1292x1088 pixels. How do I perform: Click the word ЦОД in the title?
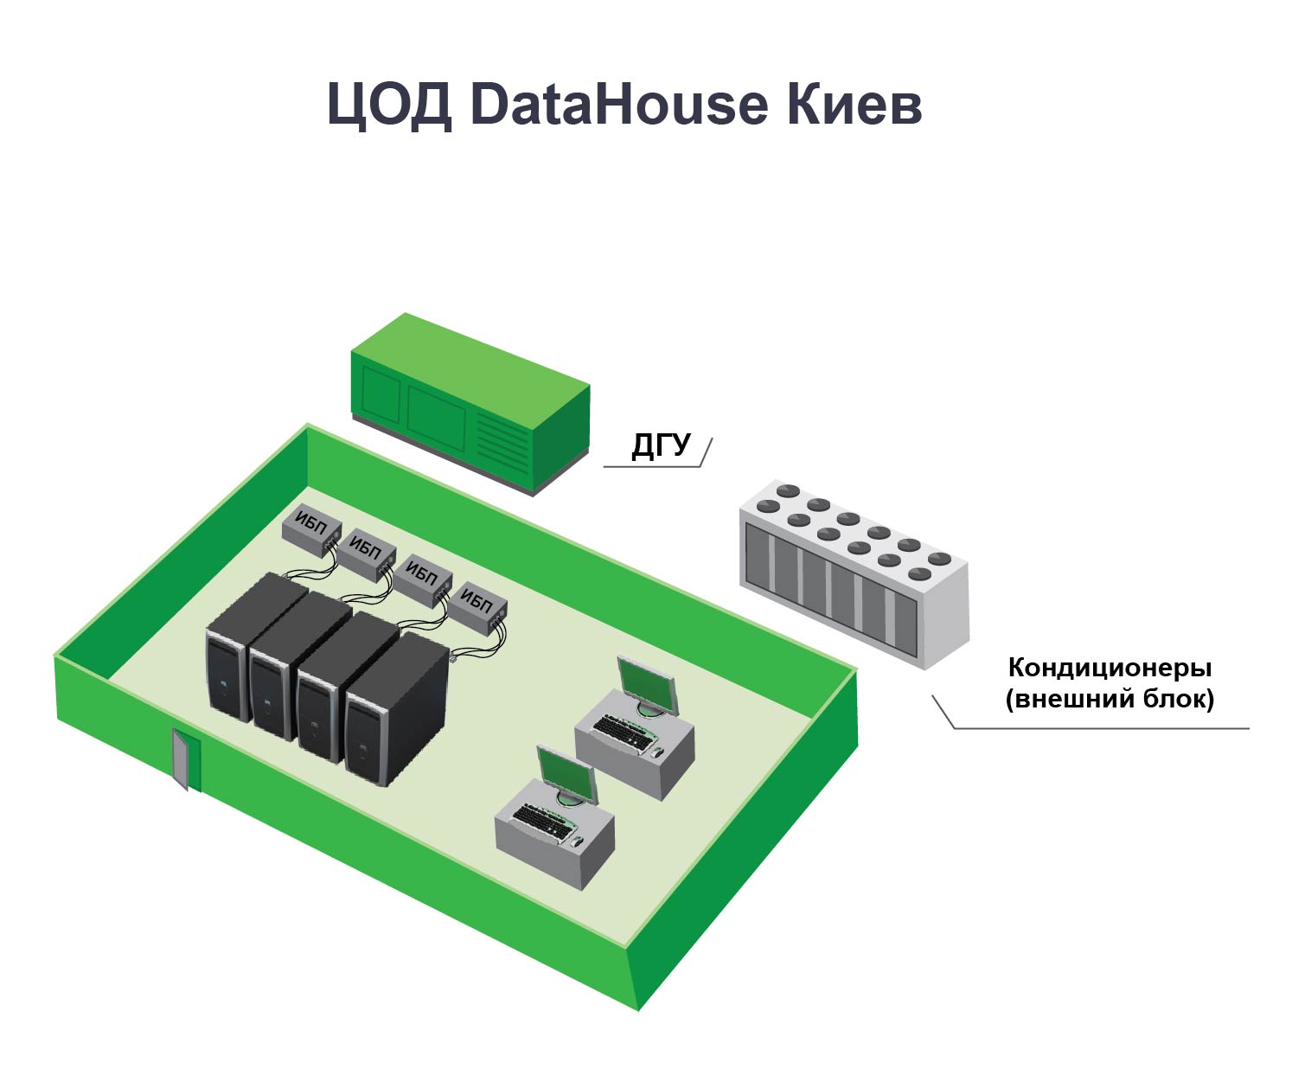[389, 106]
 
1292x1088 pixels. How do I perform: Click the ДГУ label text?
[662, 445]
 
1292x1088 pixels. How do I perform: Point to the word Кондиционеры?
[1110, 668]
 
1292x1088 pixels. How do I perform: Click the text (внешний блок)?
[1110, 698]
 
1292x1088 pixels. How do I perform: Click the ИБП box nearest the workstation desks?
[478, 603]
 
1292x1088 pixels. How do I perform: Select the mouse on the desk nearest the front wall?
[578, 841]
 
